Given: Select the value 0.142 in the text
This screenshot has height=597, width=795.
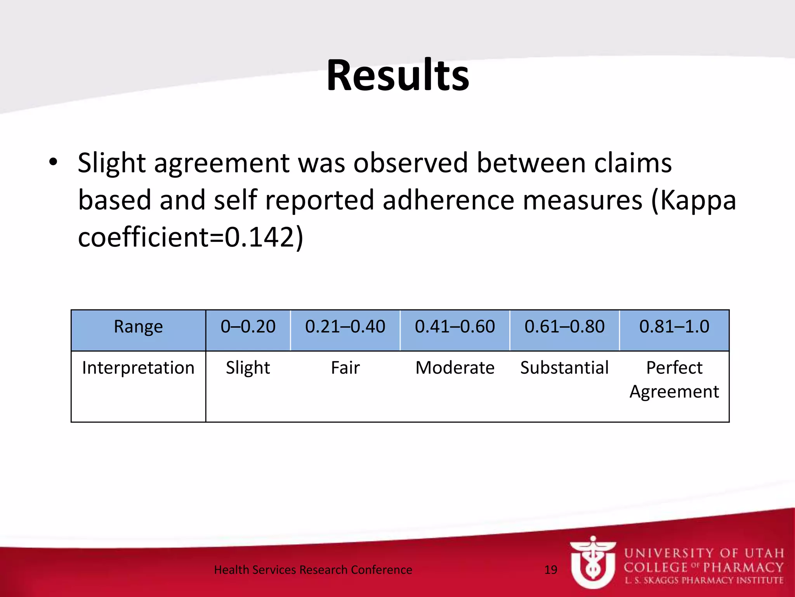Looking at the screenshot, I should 259,237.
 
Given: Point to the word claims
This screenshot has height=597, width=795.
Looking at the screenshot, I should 633,163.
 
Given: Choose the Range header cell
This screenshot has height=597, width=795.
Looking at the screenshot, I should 138,327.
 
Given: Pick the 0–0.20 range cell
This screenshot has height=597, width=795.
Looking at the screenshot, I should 248,327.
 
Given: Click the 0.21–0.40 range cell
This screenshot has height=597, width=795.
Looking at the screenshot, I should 345,327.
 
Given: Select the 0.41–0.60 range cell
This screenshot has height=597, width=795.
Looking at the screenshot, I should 455,327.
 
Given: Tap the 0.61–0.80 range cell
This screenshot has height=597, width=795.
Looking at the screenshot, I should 564,327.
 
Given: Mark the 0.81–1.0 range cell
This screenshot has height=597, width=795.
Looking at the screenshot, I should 674,327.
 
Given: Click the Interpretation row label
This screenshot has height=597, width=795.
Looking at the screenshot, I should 138,368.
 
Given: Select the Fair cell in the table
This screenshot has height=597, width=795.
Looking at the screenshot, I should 345,368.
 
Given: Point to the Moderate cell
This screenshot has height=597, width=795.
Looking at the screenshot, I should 455,368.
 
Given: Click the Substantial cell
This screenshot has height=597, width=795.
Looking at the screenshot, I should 564,368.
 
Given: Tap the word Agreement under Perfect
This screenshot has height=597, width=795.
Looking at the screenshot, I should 674,391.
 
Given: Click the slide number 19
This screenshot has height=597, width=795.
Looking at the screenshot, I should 551,570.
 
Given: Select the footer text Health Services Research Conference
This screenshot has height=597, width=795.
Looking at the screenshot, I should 313,570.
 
